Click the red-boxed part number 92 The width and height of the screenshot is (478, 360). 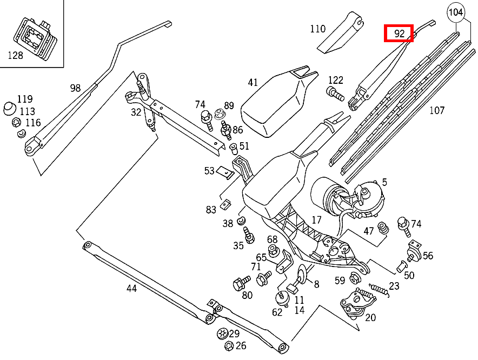click(x=399, y=34)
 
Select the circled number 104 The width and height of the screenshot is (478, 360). click(x=456, y=12)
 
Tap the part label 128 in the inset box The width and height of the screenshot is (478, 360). click(x=16, y=55)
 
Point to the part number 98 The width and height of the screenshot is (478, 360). click(x=75, y=88)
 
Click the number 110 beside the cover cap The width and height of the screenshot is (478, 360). click(x=318, y=29)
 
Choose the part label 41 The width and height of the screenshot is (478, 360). click(x=253, y=83)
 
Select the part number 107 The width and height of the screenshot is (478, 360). click(x=436, y=110)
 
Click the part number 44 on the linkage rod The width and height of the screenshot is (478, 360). click(x=131, y=288)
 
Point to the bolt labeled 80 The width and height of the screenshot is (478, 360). click(x=240, y=283)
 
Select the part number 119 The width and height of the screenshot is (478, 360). click(x=25, y=99)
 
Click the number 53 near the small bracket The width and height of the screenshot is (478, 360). click(x=209, y=171)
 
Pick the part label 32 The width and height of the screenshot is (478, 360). click(x=136, y=112)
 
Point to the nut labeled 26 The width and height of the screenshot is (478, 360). click(x=228, y=346)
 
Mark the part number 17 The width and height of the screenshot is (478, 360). click(x=316, y=220)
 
